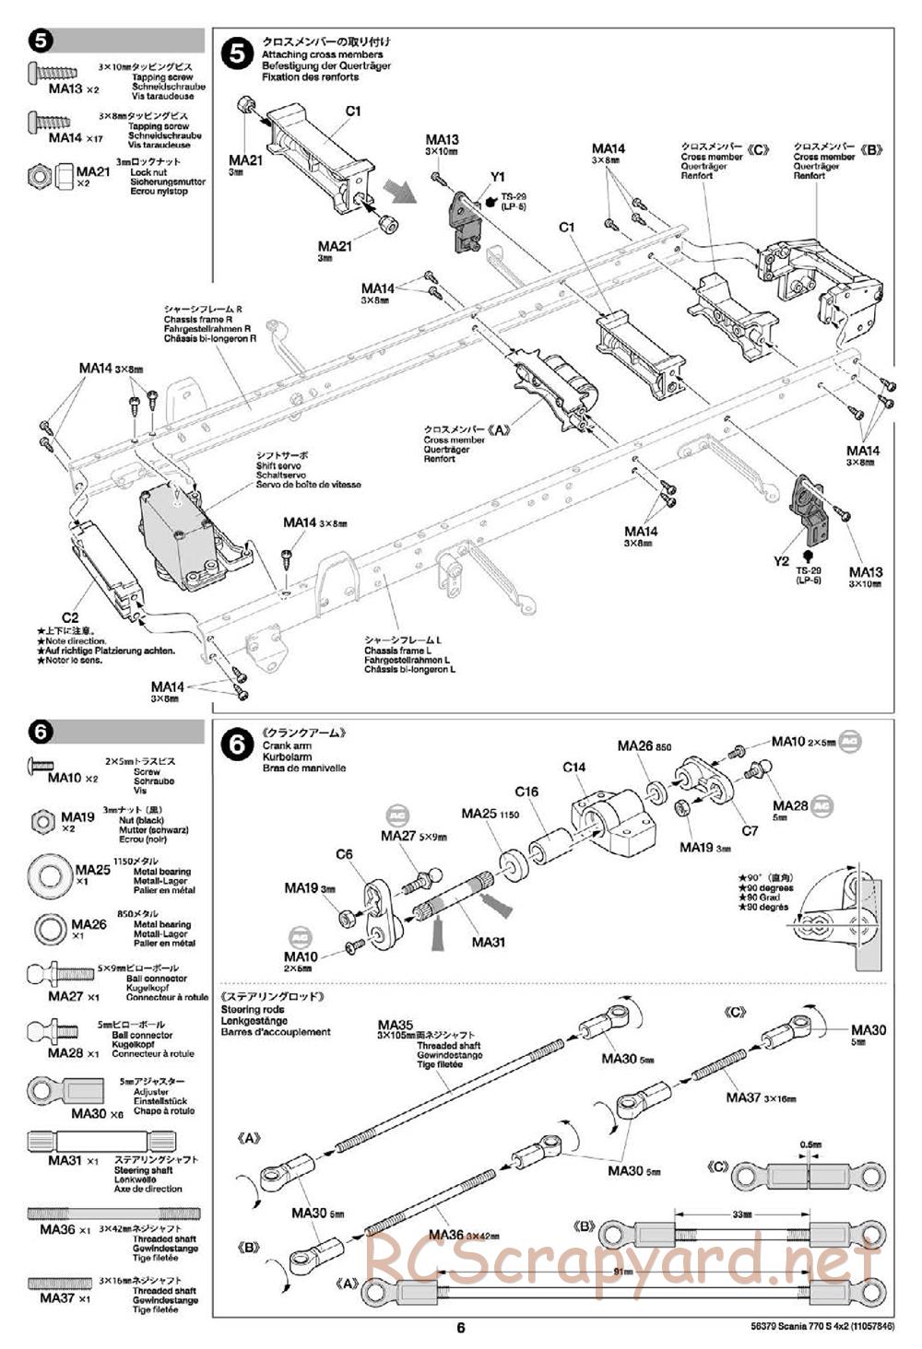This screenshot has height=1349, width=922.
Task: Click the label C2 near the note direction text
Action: click(x=70, y=617)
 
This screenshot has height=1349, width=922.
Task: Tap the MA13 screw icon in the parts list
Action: click(x=52, y=72)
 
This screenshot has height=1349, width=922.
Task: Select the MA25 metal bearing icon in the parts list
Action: click(x=52, y=873)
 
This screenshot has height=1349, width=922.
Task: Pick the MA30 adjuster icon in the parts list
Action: click(x=55, y=1092)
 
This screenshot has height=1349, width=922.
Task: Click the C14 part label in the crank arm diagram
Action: click(x=574, y=767)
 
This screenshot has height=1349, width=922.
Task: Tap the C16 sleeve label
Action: click(x=526, y=792)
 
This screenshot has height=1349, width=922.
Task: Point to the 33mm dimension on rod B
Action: click(x=741, y=1214)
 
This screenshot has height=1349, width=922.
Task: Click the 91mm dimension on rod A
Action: click(x=629, y=1273)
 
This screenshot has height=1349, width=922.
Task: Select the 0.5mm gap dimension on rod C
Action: click(x=809, y=1144)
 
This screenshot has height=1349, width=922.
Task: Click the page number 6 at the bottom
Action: click(x=461, y=1327)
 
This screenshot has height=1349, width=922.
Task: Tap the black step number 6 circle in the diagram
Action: click(x=238, y=744)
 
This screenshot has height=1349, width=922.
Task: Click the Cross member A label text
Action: click(x=455, y=440)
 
